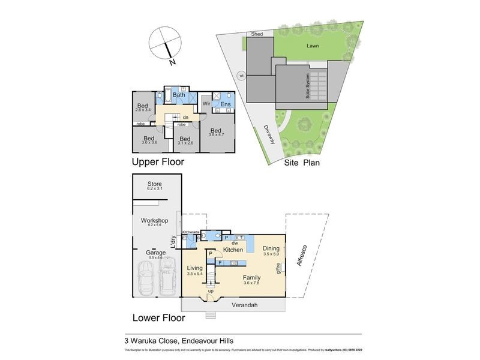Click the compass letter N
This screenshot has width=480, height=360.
click(x=172, y=62)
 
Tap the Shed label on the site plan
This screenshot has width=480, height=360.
click(x=257, y=34)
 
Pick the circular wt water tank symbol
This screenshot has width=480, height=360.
click(x=242, y=76)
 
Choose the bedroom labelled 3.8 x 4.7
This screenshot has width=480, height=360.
click(x=215, y=133)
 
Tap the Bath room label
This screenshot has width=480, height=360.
click(x=179, y=95)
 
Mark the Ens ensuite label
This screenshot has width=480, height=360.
click(x=225, y=104)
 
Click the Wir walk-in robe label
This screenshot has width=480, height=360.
click(x=206, y=104)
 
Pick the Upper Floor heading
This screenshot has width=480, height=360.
click(x=158, y=162)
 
